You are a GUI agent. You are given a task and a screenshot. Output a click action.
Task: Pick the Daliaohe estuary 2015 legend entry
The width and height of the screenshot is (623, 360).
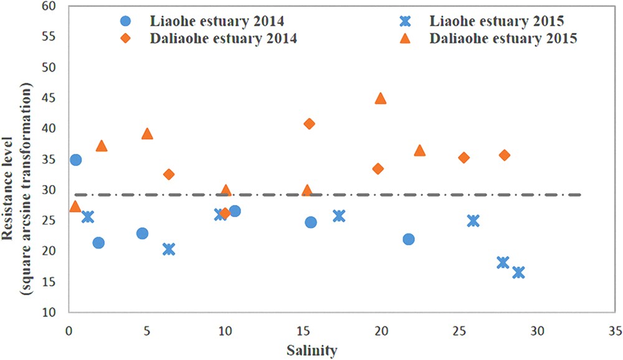click(x=502, y=39)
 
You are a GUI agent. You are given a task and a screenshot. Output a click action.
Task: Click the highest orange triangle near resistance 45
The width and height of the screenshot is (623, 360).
click(x=381, y=98)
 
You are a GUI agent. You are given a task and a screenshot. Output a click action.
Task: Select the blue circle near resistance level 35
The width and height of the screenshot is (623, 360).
click(x=75, y=160)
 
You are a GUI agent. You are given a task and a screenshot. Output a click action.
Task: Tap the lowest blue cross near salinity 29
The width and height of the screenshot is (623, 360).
click(x=518, y=273)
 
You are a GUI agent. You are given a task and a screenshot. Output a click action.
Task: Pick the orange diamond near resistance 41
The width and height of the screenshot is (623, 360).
click(x=309, y=124)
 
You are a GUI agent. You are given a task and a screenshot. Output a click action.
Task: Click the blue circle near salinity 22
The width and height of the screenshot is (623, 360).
click(x=409, y=239)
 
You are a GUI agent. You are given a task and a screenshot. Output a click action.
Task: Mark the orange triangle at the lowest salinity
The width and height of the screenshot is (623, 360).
click(x=75, y=206)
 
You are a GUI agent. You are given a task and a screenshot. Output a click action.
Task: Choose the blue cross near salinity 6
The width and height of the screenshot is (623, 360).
click(x=168, y=249)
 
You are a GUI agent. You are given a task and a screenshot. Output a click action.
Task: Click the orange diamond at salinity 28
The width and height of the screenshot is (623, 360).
click(x=505, y=155)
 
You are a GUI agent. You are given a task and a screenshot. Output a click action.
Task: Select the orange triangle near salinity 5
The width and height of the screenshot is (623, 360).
click(x=147, y=134)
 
